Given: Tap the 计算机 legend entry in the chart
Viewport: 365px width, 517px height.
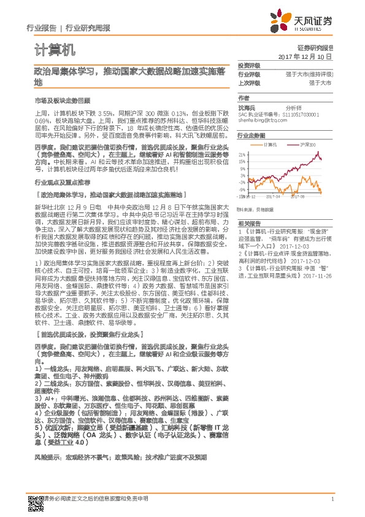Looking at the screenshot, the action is (270, 144).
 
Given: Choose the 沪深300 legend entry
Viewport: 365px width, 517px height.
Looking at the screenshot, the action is (308, 144).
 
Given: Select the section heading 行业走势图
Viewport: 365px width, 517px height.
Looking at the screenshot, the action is (252, 135).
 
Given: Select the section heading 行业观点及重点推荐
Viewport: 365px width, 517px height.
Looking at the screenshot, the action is (62, 183).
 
